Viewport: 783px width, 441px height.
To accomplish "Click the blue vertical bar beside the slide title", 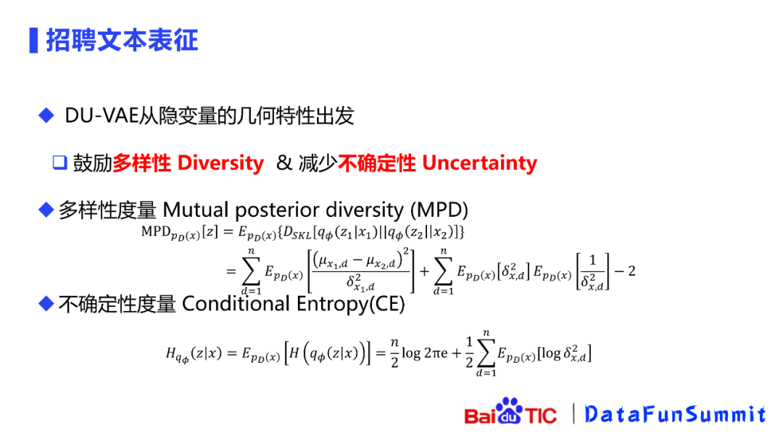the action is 33,41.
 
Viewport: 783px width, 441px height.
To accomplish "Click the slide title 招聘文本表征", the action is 123,41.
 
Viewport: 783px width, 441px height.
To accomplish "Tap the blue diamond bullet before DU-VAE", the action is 46,115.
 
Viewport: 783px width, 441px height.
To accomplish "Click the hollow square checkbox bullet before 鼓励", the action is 60,162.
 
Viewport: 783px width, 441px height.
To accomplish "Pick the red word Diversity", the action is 220,163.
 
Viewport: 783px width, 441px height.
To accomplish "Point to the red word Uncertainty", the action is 479,163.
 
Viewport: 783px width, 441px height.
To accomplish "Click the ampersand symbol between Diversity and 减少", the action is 283,162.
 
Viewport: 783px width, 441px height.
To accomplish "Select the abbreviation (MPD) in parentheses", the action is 439,210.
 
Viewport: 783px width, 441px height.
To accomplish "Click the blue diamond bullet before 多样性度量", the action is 46,210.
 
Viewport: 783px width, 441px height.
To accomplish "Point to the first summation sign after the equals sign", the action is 251,271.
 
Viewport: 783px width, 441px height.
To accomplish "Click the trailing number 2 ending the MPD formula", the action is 631,271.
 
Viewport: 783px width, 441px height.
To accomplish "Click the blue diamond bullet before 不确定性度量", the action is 46,303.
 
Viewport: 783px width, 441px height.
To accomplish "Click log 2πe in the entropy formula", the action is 424,353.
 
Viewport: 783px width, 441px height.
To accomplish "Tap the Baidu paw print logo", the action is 509,410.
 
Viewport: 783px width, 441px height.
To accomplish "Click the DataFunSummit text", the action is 675,414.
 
